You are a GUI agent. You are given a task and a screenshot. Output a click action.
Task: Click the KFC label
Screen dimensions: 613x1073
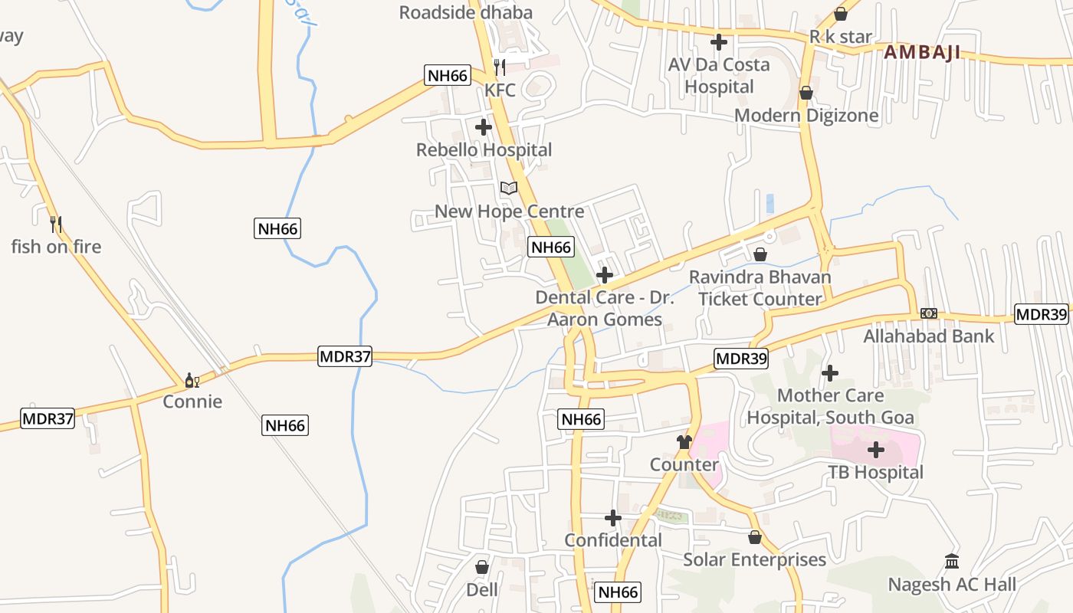pos(500,90)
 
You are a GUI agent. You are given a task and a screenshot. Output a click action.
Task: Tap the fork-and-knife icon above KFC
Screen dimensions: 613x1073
pos(500,67)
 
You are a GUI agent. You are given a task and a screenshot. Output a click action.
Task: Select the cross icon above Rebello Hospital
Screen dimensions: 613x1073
pos(484,127)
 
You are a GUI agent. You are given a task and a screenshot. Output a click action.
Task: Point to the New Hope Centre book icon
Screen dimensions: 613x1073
pos(509,188)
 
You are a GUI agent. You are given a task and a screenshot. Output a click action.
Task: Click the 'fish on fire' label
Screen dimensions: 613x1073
pos(56,247)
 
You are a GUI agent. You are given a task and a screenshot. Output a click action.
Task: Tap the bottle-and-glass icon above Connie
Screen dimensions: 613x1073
pos(192,380)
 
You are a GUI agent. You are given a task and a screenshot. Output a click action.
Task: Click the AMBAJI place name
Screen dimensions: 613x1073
pos(921,53)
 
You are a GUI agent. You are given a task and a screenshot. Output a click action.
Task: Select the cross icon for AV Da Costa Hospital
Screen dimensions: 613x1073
pos(719,42)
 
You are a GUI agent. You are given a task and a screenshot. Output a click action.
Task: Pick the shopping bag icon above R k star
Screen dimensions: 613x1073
pos(841,14)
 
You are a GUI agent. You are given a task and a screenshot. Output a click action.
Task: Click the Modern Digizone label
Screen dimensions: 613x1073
pos(806,116)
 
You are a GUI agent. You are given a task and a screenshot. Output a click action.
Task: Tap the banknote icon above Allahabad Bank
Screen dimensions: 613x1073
pos(929,313)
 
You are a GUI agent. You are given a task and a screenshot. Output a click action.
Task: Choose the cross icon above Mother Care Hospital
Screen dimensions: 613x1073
pos(830,373)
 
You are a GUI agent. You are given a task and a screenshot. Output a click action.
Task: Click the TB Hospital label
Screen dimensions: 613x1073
pos(875,472)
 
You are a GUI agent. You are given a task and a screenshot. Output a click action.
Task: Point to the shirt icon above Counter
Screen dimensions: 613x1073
pos(684,442)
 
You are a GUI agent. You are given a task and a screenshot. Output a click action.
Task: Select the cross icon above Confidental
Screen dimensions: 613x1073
pos(613,518)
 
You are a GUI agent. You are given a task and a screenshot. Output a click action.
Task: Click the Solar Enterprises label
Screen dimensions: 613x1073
pos(754,560)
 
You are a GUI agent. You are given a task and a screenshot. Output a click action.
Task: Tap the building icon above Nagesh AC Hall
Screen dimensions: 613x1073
pos(952,562)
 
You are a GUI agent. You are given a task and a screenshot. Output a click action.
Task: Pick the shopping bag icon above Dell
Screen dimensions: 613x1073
pos(482,567)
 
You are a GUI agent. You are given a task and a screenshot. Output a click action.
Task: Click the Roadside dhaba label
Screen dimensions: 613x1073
pos(466,12)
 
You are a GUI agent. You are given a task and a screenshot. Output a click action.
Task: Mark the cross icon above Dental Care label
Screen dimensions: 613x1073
pos(605,274)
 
